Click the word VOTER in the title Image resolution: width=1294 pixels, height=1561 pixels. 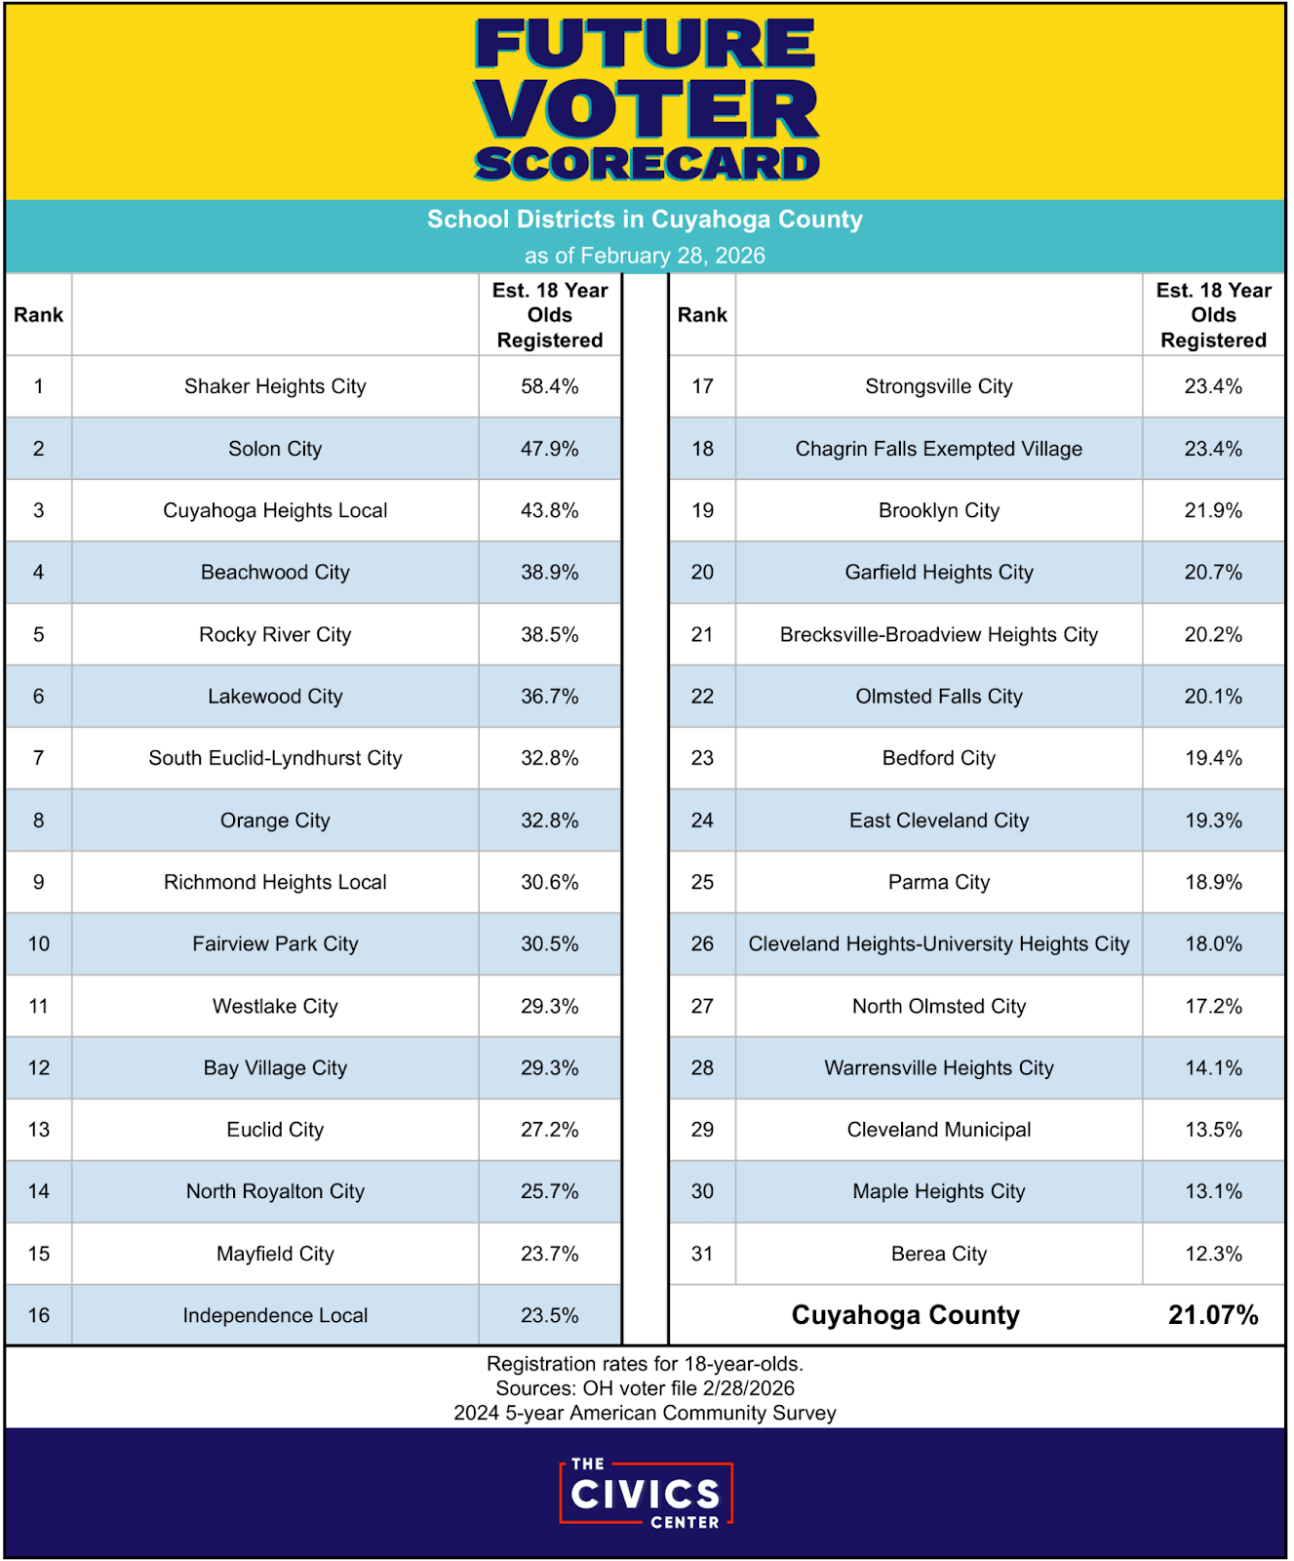pos(647,108)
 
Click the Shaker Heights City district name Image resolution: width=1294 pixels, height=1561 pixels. pos(275,386)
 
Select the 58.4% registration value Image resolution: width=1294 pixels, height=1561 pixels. pos(549,386)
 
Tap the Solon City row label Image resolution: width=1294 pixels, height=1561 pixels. pos(275,449)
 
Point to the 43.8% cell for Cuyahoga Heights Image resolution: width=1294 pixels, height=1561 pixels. pos(549,510)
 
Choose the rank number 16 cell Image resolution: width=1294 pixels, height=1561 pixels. pos(39,1315)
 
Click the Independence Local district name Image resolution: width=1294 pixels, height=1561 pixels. pos(275,1315)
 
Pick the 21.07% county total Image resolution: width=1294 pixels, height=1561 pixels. pos(1213,1315)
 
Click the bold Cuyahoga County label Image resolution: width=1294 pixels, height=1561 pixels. pos(905,1315)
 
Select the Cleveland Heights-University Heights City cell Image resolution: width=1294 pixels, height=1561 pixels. pos(938,943)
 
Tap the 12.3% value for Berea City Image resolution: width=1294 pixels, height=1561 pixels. pos(1213,1254)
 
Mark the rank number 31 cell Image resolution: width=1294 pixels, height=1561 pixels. pos(702,1254)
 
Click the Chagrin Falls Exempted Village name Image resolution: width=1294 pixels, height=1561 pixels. pos(938,449)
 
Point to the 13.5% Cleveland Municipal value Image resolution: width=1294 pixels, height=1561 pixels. pos(1213,1130)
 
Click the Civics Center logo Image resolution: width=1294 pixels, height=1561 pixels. pos(646,1494)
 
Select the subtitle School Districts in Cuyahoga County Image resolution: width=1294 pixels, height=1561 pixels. pos(645,220)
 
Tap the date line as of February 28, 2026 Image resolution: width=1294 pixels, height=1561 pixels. pos(645,256)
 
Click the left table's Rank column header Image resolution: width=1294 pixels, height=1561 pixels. pos(39,315)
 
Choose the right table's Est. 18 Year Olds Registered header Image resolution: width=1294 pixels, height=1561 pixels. pos(1213,315)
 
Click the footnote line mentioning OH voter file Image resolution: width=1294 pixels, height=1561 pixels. pos(645,1388)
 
